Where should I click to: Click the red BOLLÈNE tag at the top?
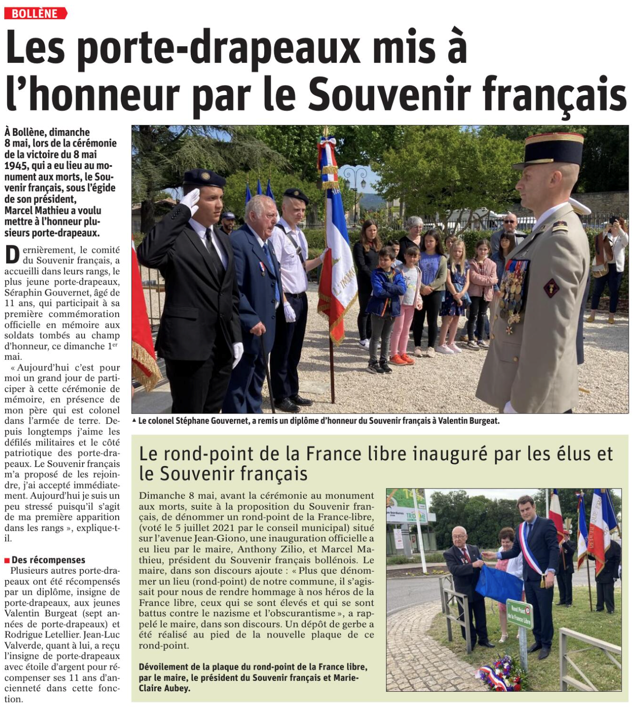(x=35, y=13)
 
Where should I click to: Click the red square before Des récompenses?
(x=7, y=560)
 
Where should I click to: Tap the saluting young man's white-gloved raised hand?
(x=191, y=199)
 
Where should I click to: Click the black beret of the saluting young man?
(x=204, y=178)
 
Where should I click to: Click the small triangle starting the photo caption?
(x=134, y=421)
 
